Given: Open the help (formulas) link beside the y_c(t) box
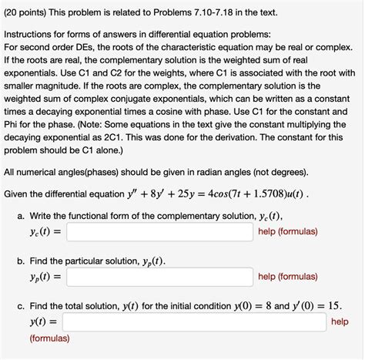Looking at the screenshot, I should tap(290, 230).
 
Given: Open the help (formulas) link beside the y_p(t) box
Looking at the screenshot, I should tap(290, 275).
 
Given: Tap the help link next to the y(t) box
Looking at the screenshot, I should tap(340, 321).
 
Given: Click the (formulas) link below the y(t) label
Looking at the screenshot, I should tap(50, 338).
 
